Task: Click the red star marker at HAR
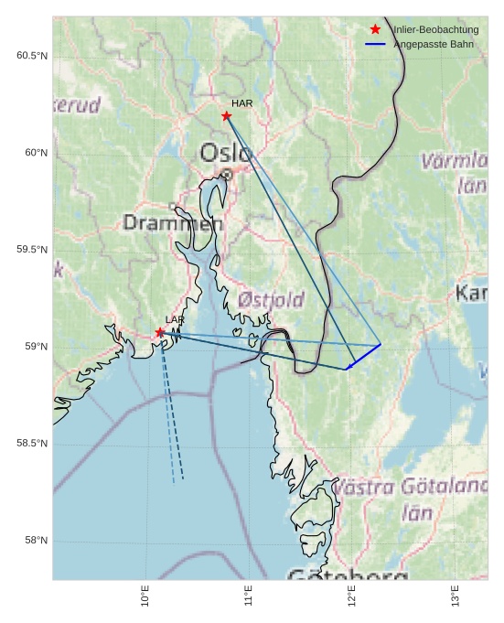(226, 115)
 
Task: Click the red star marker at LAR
(160, 332)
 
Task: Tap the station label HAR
(241, 103)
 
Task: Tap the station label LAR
(175, 319)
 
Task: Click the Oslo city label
(225, 152)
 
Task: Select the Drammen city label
(173, 222)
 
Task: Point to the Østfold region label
(271, 299)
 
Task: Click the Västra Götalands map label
(410, 487)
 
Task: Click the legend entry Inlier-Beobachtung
(435, 30)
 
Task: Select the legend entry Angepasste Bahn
(434, 44)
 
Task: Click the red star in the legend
(375, 30)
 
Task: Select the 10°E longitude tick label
(145, 596)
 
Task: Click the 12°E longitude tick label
(351, 596)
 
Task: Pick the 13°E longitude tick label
(455, 596)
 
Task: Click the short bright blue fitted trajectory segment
(363, 357)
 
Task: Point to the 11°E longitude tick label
(249, 596)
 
